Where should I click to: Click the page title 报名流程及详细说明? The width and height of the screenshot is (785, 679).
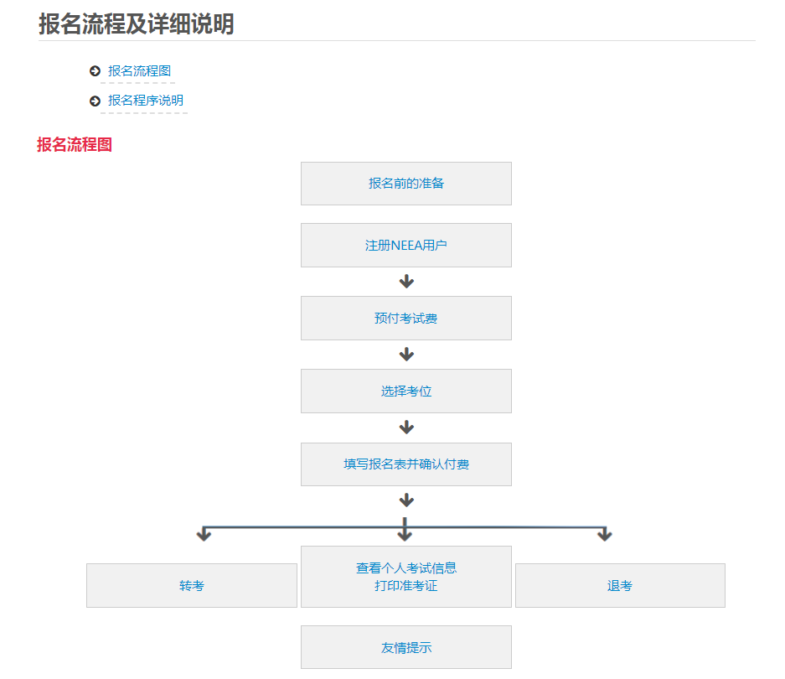[x=136, y=24]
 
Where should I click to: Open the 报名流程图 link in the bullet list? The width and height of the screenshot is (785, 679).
[x=139, y=71]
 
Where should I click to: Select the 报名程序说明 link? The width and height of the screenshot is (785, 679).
[x=145, y=101]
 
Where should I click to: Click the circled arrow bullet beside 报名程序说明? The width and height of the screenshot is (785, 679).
[x=95, y=101]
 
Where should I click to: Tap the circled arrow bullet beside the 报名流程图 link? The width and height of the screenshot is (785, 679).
[x=95, y=71]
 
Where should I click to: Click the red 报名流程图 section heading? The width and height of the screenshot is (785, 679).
[x=75, y=145]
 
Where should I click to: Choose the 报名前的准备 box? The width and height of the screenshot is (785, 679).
[x=406, y=184]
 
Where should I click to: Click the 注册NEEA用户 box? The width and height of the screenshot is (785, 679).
[x=406, y=246]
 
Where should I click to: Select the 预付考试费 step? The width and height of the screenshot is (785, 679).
[x=406, y=319]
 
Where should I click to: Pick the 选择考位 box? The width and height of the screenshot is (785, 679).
[x=406, y=391]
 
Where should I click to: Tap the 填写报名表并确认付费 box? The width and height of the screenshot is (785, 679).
[x=406, y=464]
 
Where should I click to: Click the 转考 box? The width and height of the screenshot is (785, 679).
[x=192, y=586]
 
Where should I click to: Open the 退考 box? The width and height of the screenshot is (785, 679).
[x=620, y=586]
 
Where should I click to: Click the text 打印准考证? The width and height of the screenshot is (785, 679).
[x=406, y=586]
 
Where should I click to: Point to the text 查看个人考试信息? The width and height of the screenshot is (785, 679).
[x=406, y=568]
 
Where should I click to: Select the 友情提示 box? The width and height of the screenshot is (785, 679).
[x=406, y=648]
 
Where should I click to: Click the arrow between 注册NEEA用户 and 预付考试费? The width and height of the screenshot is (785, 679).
[x=406, y=282]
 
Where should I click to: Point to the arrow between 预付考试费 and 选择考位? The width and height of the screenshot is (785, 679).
[x=406, y=355]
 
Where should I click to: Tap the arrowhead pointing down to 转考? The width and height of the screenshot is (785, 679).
[x=204, y=535]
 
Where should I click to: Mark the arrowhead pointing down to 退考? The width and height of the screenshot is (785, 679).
[x=605, y=535]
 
